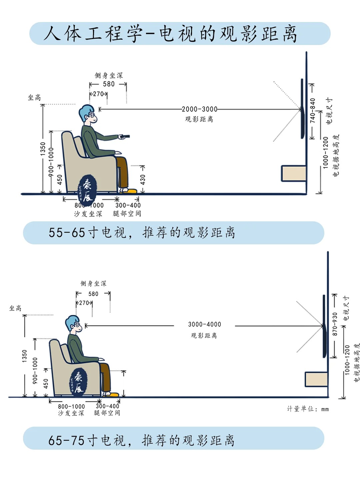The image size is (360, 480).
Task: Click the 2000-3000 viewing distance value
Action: (x=199, y=109)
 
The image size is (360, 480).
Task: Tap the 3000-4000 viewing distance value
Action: (x=204, y=324)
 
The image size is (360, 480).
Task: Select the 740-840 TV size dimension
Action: (x=313, y=110)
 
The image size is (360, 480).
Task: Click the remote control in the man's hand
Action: (x=125, y=136)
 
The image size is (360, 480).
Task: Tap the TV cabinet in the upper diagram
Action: (x=293, y=173)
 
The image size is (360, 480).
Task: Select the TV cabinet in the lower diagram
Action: (x=316, y=380)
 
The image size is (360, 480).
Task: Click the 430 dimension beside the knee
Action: (x=143, y=180)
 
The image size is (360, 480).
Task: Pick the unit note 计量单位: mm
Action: (x=308, y=409)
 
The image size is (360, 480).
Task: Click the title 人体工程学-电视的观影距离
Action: (x=170, y=34)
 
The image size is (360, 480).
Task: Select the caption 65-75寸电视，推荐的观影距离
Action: (x=142, y=440)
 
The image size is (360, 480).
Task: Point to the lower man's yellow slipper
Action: (x=112, y=395)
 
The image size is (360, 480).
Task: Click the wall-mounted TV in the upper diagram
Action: (x=302, y=108)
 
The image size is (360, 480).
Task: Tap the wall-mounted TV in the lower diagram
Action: (x=324, y=326)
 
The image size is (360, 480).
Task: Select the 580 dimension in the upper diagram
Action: (x=109, y=84)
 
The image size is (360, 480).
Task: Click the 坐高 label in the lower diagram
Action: (x=15, y=308)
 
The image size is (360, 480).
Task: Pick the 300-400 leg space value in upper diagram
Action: (x=128, y=205)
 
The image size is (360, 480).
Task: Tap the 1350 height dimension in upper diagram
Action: (x=43, y=149)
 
